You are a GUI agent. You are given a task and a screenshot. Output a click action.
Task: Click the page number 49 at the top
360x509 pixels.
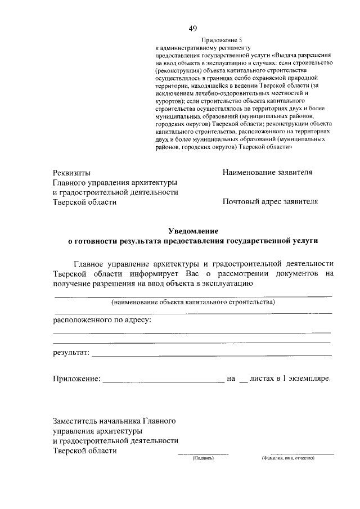click(193, 29)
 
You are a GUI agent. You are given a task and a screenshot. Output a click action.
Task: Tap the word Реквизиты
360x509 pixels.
click(71, 173)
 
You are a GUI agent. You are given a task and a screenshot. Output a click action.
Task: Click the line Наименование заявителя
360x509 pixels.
click(267, 172)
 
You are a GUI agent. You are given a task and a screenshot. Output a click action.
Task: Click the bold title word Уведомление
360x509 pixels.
click(193, 231)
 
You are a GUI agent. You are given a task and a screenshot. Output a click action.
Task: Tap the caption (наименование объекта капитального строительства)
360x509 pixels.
click(193, 303)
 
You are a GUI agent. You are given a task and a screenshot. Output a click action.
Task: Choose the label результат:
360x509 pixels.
click(71, 353)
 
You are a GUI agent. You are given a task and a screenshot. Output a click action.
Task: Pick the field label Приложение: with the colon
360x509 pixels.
click(77, 380)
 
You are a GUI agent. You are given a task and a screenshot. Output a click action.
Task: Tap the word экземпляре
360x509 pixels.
click(310, 380)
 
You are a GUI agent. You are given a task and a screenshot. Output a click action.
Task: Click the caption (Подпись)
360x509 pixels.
click(203, 458)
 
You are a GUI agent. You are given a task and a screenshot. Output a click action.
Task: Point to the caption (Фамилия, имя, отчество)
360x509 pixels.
click(287, 458)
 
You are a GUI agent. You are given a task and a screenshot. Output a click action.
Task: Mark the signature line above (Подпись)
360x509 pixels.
click(203, 453)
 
